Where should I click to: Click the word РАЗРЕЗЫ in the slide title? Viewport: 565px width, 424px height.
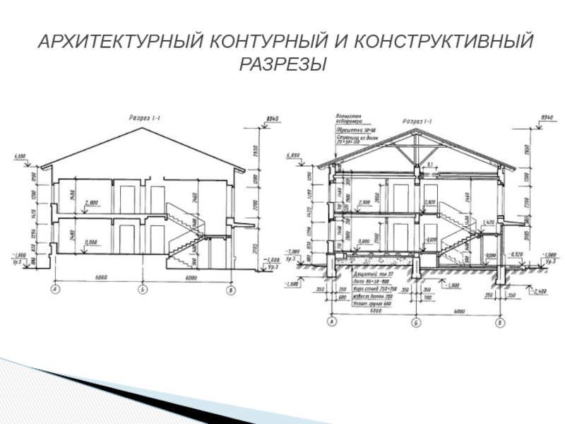[x=282, y=64]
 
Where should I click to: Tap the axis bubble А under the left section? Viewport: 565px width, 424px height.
[x=54, y=289]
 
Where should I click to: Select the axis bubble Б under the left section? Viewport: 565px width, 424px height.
[x=143, y=289]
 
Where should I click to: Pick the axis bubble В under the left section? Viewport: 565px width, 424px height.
[x=230, y=289]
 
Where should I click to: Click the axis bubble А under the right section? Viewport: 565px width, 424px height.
[x=331, y=322]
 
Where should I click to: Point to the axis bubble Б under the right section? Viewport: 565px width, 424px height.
[x=416, y=322]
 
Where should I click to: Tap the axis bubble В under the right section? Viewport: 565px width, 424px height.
[x=501, y=322]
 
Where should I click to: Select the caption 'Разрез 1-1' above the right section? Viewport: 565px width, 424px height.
[x=419, y=121]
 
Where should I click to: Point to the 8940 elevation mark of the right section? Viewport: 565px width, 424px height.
[x=547, y=116]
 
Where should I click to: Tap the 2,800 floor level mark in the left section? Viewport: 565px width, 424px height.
[x=91, y=203]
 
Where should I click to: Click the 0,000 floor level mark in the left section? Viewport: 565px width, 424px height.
[x=91, y=241]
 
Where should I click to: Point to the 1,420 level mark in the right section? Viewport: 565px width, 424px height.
[x=487, y=223]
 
